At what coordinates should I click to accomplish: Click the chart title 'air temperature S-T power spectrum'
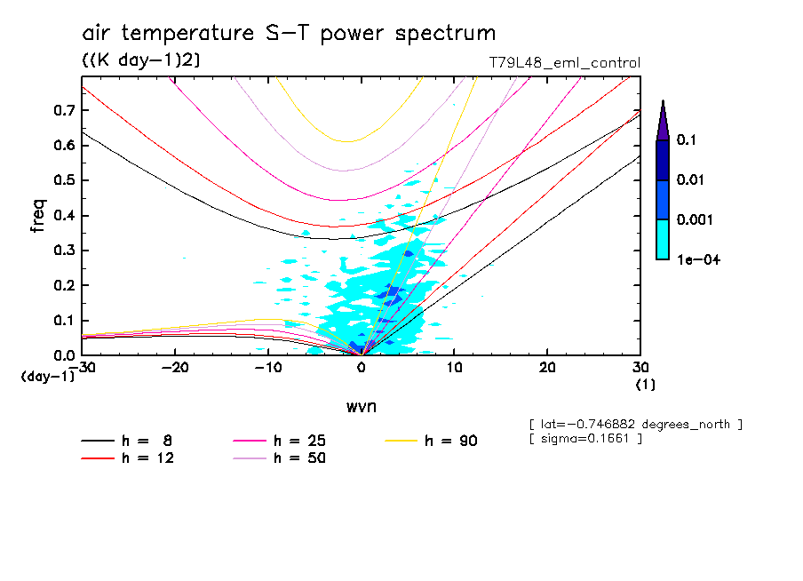pyautogui.click(x=289, y=34)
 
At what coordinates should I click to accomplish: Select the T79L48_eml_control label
pyautogui.click(x=564, y=63)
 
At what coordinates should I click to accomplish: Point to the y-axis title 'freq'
pyautogui.click(x=37, y=216)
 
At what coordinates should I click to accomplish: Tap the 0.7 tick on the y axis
pyautogui.click(x=63, y=110)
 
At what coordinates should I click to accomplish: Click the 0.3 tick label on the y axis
pyautogui.click(x=63, y=251)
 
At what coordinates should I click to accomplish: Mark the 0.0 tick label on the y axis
pyautogui.click(x=63, y=355)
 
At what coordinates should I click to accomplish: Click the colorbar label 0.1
pyautogui.click(x=686, y=140)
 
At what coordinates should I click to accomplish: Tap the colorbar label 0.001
pyautogui.click(x=692, y=219)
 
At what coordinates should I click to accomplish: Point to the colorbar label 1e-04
pyautogui.click(x=694, y=259)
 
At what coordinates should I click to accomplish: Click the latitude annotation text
pyautogui.click(x=635, y=425)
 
